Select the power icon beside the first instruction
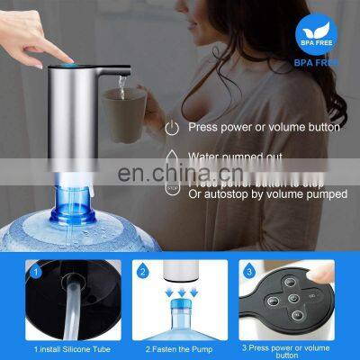[171, 128]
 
